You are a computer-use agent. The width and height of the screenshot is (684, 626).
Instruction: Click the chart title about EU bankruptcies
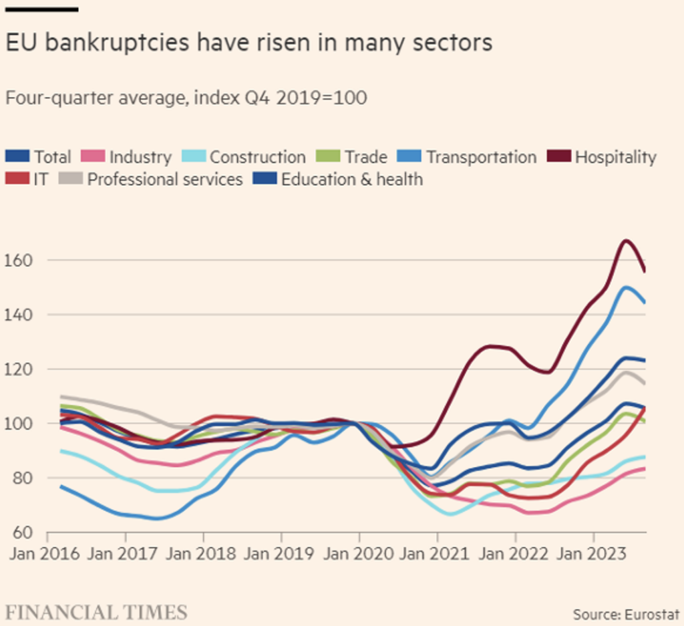point(248,43)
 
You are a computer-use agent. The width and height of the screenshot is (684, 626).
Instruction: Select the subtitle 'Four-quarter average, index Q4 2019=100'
point(186,98)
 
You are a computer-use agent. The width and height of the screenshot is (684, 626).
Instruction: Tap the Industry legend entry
point(127,158)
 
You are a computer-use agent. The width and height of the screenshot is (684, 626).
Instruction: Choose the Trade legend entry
point(354,158)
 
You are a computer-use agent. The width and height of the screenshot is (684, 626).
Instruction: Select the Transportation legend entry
point(468,158)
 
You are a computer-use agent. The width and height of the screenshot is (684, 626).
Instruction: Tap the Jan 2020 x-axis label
point(359,555)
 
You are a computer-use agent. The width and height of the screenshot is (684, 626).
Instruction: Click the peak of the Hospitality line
point(625,241)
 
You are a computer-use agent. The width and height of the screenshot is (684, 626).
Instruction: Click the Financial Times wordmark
point(96,611)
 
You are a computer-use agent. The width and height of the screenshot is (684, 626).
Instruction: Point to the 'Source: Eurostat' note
point(626,613)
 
